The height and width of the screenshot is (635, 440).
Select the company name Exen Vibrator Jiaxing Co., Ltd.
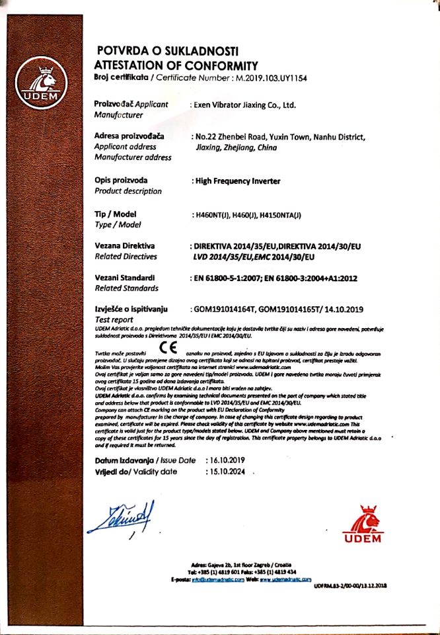(243, 105)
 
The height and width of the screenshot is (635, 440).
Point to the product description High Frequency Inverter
(237, 180)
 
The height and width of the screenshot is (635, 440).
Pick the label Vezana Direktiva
(126, 245)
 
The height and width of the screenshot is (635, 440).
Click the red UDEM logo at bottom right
(362, 522)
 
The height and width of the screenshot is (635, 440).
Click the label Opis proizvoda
(122, 180)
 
